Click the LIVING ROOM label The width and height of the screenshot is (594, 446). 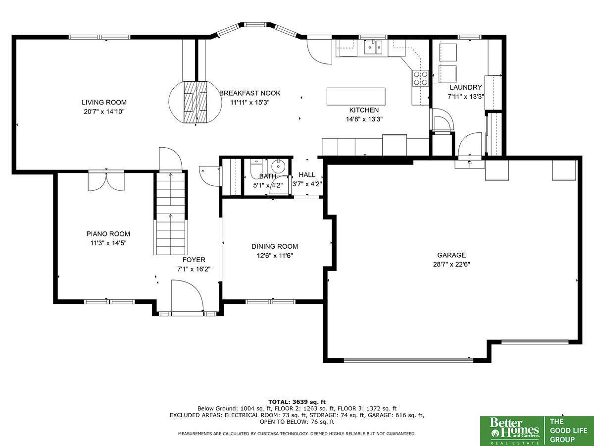tap(104, 103)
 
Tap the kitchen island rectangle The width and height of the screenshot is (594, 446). tap(356, 96)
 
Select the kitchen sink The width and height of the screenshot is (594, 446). tap(373, 48)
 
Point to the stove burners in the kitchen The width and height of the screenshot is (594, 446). tap(420, 78)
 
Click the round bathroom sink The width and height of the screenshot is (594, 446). tap(278, 166)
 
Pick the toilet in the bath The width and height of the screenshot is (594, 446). tap(256, 169)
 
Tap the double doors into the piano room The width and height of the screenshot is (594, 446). tap(106, 181)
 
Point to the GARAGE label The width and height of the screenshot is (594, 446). tap(451, 255)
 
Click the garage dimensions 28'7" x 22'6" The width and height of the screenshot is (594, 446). tap(451, 264)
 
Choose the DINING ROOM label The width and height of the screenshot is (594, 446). tap(275, 246)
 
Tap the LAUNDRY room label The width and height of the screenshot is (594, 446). tap(466, 87)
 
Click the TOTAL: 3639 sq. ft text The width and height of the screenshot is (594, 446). tap(297, 402)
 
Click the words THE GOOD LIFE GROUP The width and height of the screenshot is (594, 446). tap(568, 431)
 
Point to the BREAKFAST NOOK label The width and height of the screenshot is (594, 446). tap(250, 93)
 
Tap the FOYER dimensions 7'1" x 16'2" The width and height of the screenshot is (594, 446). tap(194, 269)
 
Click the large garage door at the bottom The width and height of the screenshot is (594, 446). tap(408, 360)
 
